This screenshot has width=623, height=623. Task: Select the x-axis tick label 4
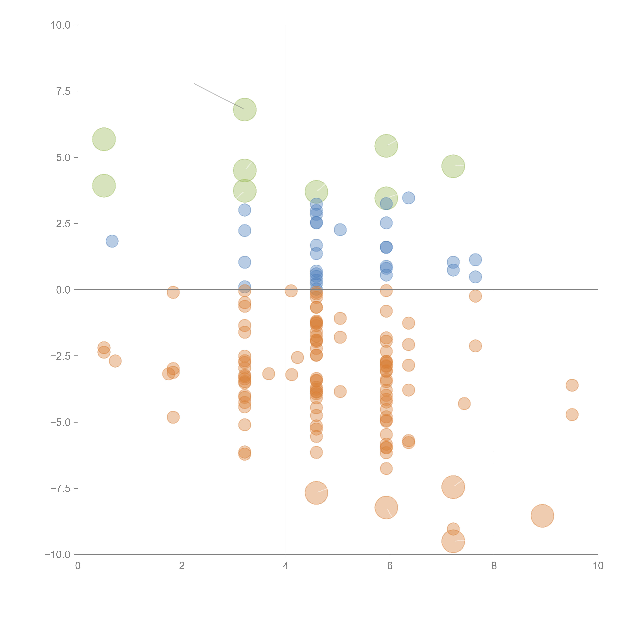coord(286,566)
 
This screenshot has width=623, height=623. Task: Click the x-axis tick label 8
coord(494,566)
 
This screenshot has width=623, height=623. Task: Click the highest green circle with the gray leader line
coord(245,110)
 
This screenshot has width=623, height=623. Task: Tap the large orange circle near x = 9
coord(542,516)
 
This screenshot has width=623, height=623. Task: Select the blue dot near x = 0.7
coord(112,241)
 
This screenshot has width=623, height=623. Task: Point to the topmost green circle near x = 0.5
coord(104,139)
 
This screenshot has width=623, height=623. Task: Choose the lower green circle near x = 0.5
coord(104,186)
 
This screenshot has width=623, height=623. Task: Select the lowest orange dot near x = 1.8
coord(173,417)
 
